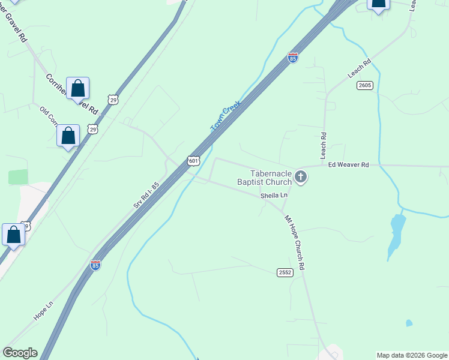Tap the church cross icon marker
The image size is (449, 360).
click(301, 176)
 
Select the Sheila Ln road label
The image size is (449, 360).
click(274, 196)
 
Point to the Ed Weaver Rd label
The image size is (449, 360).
click(348, 164)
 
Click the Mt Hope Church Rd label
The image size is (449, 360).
click(294, 242)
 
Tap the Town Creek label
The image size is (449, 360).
click(226, 116)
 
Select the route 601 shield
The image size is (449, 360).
click(193, 161)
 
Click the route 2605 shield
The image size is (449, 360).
click(364, 85)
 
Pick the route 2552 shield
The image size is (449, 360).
click(285, 272)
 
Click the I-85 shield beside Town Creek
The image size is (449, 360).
click(292, 58)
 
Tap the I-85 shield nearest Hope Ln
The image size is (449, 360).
click(95, 265)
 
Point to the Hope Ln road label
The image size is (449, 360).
click(43, 311)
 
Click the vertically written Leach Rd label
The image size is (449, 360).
click(323, 142)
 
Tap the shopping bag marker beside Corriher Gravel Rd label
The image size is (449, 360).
click(78, 89)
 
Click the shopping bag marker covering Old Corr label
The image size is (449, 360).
click(68, 136)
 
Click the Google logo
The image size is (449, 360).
click(20, 353)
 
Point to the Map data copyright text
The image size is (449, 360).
click(412, 355)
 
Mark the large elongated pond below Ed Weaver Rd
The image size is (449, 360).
click(396, 234)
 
